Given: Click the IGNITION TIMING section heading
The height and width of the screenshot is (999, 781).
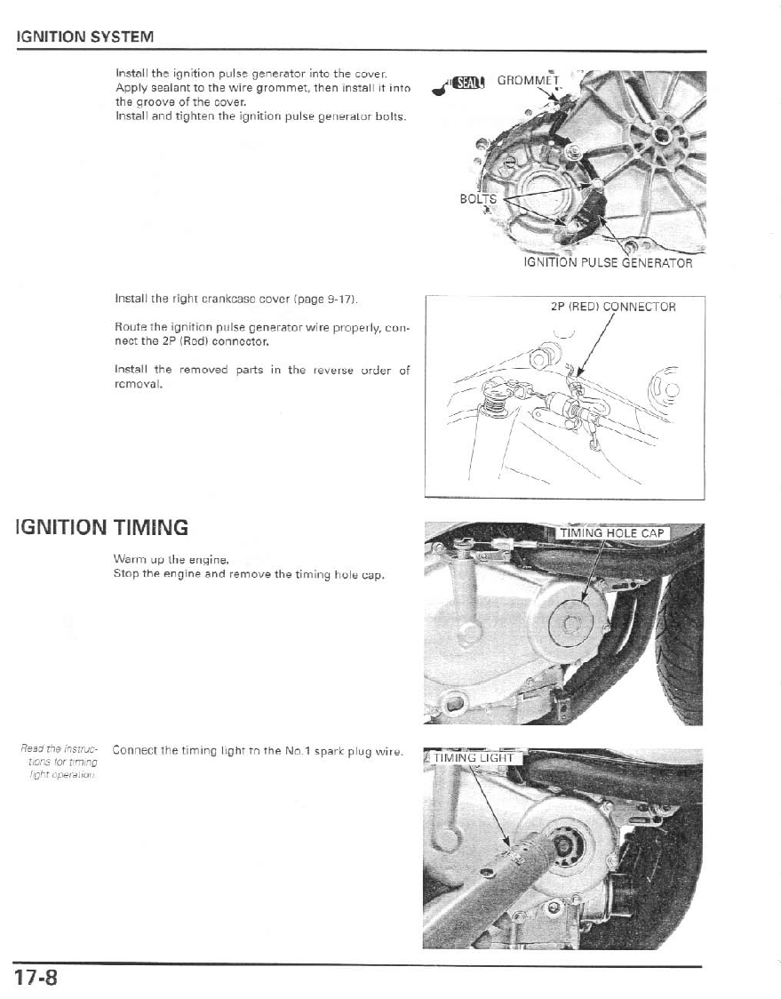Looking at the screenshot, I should (101, 528).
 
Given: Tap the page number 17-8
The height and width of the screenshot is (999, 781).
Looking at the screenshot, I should (36, 978).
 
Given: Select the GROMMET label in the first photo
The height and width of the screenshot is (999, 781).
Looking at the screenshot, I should (525, 81).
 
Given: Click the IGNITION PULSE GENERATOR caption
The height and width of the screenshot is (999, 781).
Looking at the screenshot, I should (607, 262).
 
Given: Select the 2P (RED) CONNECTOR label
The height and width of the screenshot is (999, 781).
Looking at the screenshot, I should (613, 308).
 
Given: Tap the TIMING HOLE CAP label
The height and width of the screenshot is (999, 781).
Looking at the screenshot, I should (611, 533).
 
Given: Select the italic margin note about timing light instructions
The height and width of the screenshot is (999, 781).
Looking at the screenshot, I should (61, 761).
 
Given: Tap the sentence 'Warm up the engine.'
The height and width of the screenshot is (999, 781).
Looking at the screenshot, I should (172, 560).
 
